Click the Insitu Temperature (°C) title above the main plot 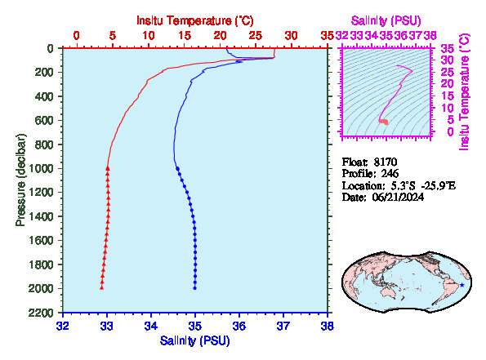point(195,20)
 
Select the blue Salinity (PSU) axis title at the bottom point(195,340)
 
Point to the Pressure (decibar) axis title point(20,180)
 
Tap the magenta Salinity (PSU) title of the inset point(386,20)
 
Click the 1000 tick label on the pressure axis point(41,168)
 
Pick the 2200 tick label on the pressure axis point(41,313)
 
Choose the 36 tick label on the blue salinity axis point(239,326)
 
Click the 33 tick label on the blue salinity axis point(107,326)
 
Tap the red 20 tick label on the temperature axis point(220,36)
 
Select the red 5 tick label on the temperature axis point(112,36)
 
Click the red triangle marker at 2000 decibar point(101,288)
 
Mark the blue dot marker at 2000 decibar point(195,288)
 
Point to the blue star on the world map point(462,285)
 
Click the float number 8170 point(386,162)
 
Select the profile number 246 point(390,174)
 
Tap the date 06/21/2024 point(398,198)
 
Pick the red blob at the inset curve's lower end point(384,122)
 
